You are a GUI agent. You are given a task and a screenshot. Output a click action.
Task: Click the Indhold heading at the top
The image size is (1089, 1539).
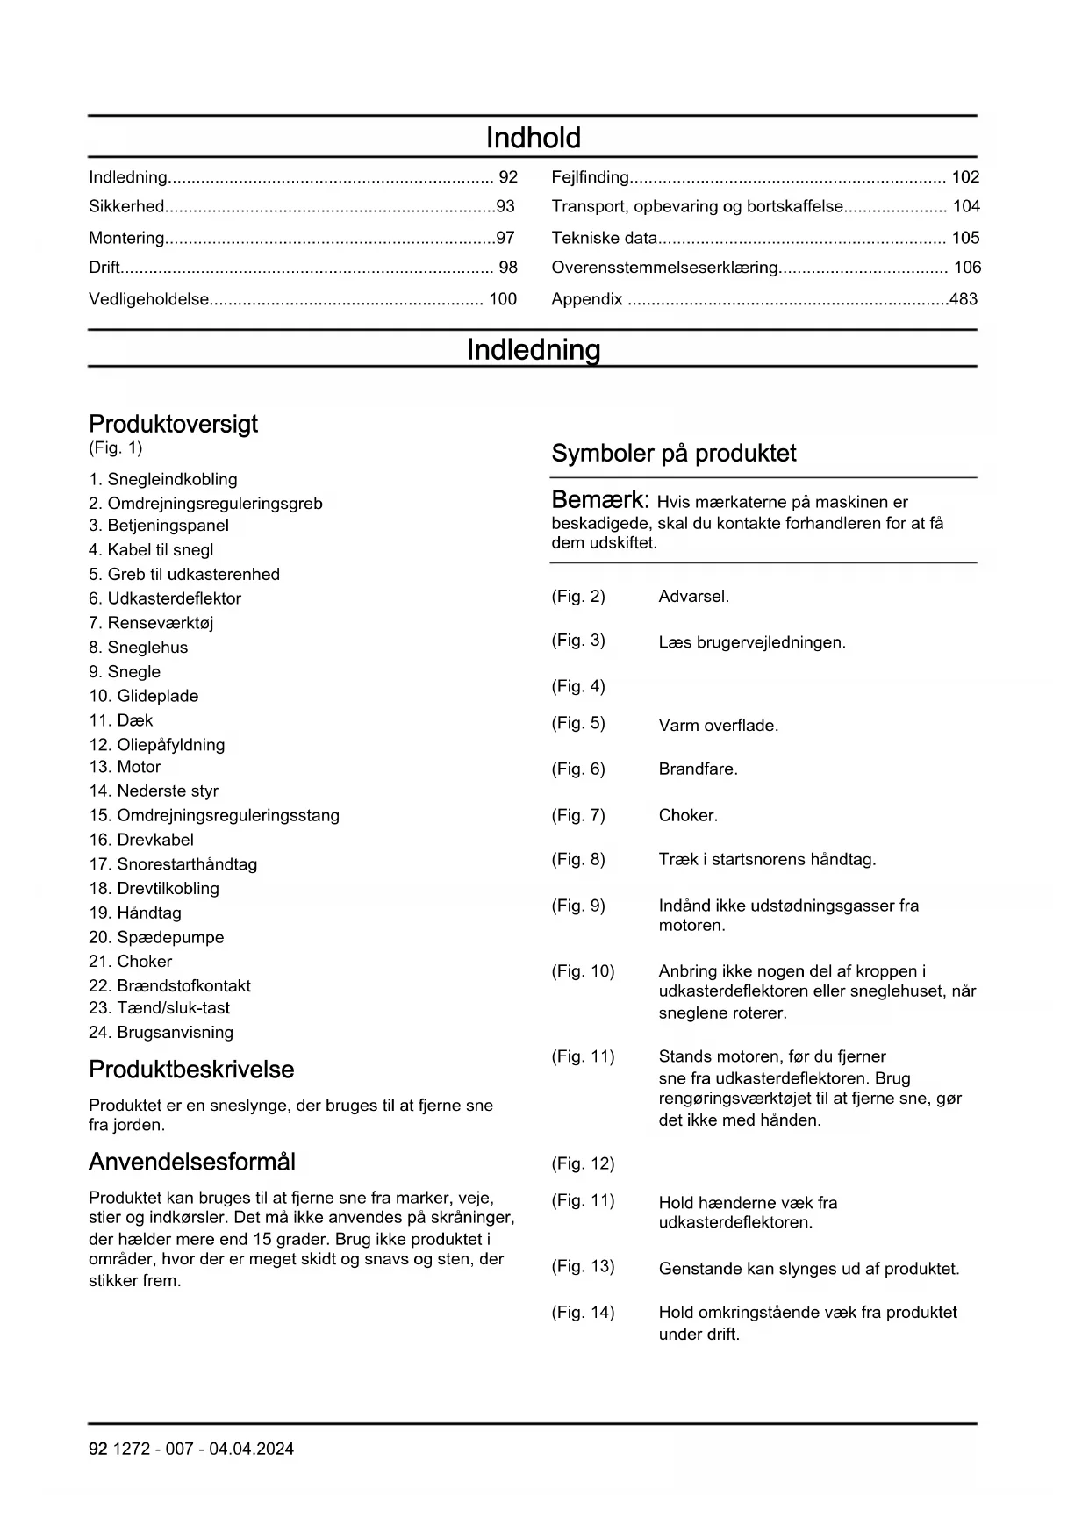pos(533,138)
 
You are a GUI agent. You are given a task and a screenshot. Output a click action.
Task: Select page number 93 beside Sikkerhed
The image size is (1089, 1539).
pos(505,207)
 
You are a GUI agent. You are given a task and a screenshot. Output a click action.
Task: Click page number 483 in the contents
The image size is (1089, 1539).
pos(964,299)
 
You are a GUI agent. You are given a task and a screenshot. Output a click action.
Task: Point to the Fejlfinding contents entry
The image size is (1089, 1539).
pos(590,177)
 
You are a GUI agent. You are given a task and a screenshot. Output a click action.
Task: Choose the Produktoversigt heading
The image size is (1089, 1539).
pos(173,425)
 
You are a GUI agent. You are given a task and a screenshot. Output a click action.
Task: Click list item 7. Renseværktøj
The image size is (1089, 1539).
pos(151,623)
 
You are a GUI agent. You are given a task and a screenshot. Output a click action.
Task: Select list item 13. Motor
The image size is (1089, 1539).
pos(125,767)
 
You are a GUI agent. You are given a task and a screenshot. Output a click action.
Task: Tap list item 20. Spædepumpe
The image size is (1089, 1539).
pos(156,937)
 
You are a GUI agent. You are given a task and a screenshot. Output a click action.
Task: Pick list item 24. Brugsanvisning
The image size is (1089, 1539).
pos(161,1033)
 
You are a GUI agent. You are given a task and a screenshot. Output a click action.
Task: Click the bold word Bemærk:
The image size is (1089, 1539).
pos(600,500)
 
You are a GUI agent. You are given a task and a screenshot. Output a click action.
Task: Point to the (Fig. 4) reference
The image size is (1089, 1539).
pos(578,686)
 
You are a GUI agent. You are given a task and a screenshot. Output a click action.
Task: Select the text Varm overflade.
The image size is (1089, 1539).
pos(719,726)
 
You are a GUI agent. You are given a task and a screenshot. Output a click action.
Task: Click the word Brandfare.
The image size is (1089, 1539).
pos(699,769)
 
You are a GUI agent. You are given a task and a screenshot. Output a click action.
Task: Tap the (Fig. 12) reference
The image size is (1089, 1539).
pos(583,1164)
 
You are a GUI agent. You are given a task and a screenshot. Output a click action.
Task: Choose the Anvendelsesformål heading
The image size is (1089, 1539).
pos(191,1163)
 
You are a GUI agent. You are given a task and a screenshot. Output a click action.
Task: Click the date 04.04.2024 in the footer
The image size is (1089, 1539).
pos(251,1450)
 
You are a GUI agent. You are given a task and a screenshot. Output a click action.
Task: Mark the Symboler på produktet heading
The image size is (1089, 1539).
pos(673,454)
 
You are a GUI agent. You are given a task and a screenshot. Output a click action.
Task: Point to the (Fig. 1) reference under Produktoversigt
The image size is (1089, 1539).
pos(115,448)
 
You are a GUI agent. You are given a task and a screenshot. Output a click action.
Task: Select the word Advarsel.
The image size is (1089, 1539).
pos(694,597)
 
